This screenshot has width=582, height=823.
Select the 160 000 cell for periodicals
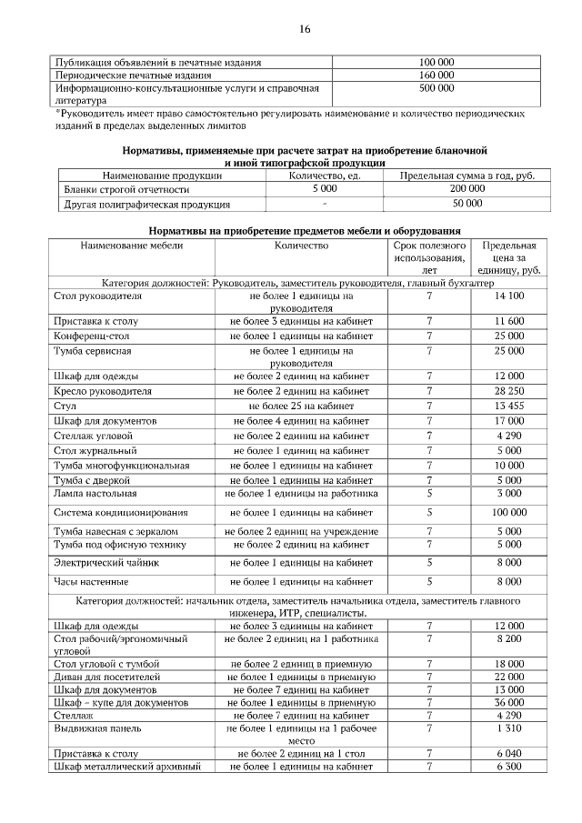(x=436, y=75)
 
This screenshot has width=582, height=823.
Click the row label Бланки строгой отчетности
(x=126, y=189)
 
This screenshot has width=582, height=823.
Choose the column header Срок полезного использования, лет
(x=430, y=258)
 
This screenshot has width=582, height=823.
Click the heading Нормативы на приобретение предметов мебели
(x=305, y=231)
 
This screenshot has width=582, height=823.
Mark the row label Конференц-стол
(x=95, y=336)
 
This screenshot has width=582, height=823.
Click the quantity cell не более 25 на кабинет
(x=301, y=406)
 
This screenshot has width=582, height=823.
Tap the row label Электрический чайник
(x=106, y=564)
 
